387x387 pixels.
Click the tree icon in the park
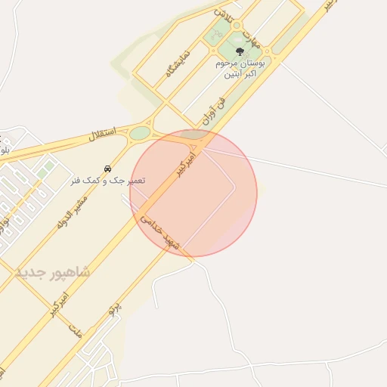tap(240, 52)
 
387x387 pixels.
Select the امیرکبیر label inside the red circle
tap(186, 164)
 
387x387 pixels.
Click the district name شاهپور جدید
tap(51, 271)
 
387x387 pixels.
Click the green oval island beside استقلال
tap(140, 133)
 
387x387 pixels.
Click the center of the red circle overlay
tap(193, 193)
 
